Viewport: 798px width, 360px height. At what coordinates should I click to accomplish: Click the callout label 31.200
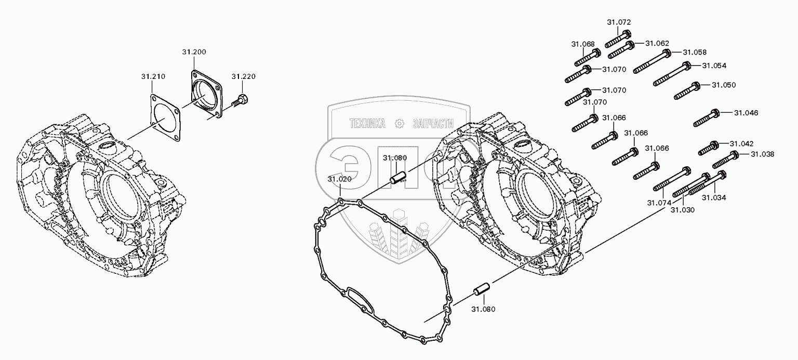194,52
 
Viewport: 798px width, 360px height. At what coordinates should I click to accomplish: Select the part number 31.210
153,76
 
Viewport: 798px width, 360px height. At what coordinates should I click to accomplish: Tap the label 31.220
243,76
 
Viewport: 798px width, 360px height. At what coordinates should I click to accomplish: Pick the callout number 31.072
618,22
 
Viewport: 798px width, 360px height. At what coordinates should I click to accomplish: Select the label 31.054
714,65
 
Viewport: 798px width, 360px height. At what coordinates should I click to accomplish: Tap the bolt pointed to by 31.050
688,91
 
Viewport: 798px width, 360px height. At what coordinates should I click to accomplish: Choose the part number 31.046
746,113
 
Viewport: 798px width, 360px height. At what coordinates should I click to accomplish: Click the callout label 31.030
682,209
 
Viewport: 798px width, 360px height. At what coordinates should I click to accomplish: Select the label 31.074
659,202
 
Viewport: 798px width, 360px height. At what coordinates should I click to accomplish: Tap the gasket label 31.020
339,179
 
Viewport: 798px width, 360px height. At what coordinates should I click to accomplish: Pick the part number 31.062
657,43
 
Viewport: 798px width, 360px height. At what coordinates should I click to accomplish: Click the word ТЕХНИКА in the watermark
367,124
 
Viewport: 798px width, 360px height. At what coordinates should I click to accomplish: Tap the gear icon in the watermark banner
399,124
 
